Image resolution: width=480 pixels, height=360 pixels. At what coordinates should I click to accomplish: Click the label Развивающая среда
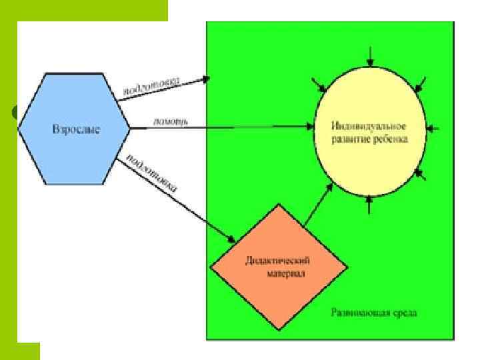coord(374,313)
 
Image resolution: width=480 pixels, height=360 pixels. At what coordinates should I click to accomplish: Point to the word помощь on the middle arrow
coord(171,121)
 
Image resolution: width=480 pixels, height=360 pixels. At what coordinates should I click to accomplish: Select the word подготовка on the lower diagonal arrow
coord(150,171)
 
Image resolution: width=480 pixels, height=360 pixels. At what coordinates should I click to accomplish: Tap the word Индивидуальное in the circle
coord(369,125)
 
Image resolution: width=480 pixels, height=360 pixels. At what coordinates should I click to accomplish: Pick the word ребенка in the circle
coord(391,139)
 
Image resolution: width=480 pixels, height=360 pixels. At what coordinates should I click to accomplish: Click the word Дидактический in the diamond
coord(279,261)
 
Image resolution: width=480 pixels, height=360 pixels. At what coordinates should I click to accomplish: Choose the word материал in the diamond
coord(279,273)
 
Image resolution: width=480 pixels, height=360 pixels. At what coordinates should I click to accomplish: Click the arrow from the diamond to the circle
coord(319,203)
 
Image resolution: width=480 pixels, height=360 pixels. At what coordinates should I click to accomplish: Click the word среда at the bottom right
coord(404,313)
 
